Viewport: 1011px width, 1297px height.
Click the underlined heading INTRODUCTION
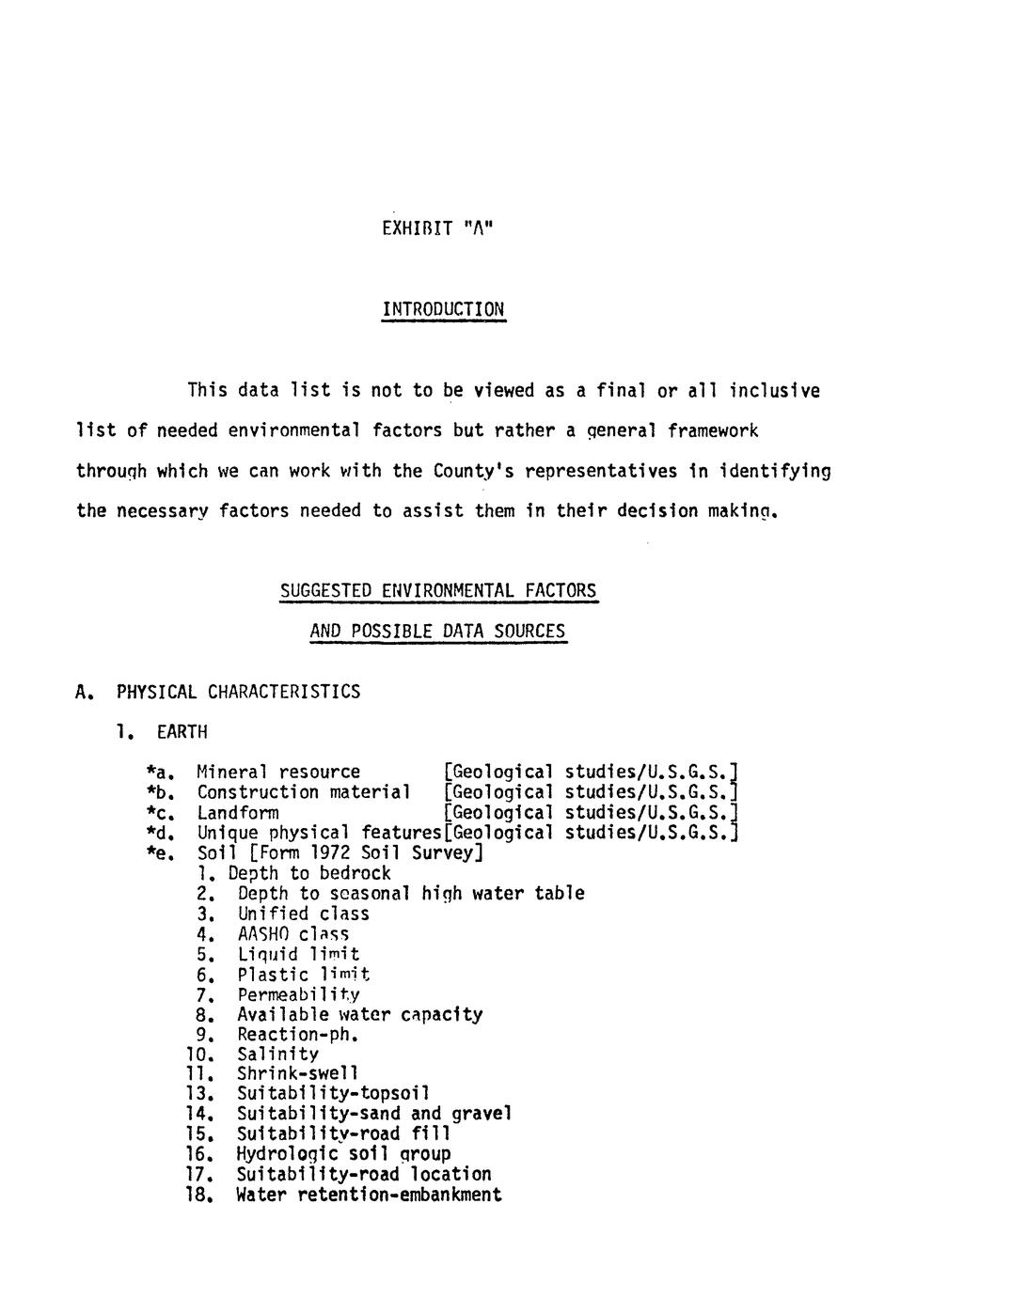click(x=443, y=309)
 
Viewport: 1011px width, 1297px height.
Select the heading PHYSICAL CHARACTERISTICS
click(x=238, y=692)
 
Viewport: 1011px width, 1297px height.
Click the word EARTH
click(x=182, y=731)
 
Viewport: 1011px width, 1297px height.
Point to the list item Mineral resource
click(x=278, y=772)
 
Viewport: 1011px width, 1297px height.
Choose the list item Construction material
click(x=303, y=791)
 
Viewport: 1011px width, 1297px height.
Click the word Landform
click(x=238, y=812)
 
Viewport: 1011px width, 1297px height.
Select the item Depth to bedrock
click(x=309, y=873)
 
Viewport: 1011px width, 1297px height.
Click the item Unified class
click(x=303, y=914)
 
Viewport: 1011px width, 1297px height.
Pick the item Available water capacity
click(x=359, y=1014)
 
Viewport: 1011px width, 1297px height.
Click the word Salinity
click(x=277, y=1054)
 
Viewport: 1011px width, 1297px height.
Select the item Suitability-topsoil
click(x=333, y=1093)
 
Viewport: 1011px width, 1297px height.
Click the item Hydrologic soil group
click(x=343, y=1153)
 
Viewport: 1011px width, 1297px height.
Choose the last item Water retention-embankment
click(x=369, y=1195)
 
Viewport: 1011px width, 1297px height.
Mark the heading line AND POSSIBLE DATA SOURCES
click(x=437, y=632)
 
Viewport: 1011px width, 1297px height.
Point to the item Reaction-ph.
click(x=298, y=1035)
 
